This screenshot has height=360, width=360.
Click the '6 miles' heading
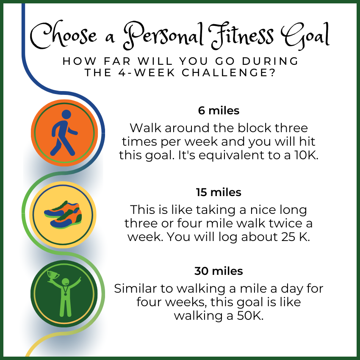point(219,111)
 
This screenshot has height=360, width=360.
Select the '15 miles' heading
point(219,192)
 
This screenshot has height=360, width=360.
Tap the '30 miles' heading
point(219,271)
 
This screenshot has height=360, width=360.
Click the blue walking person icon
point(64,133)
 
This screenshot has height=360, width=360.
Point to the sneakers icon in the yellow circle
point(63,215)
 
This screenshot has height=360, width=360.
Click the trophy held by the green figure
point(53,276)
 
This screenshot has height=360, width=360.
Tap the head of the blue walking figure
point(66,114)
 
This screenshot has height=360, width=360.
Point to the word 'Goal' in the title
point(305,36)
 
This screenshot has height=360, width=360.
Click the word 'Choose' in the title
point(64,34)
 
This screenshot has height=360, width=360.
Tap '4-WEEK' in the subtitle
point(147,72)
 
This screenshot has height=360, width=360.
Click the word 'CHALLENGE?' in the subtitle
point(228,72)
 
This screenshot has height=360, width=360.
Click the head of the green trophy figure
point(65,282)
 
